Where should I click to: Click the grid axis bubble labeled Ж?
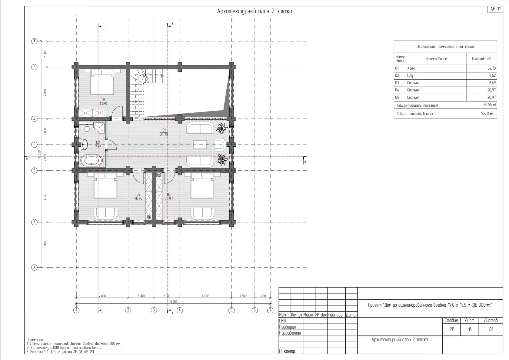coord(34,41)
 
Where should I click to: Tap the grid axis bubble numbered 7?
coord(270,310)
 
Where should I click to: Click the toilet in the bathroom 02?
coord(87,128)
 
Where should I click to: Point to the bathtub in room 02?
coord(91,161)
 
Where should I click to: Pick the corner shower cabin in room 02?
coord(100,129)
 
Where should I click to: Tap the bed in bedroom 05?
coord(202,185)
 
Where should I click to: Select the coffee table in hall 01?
coord(200,145)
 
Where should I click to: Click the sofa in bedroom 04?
coord(105,213)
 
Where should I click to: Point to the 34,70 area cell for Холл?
coord(482,68)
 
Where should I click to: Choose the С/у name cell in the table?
coord(436,76)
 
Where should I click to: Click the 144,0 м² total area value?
coord(487,113)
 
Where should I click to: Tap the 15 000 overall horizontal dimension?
coord(173,302)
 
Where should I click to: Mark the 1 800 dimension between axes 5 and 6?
coord(243,296)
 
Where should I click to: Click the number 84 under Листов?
coord(491,329)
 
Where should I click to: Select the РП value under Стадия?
coord(452,329)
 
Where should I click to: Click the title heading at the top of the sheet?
coord(254,12)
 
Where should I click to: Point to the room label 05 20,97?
coord(168,196)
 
